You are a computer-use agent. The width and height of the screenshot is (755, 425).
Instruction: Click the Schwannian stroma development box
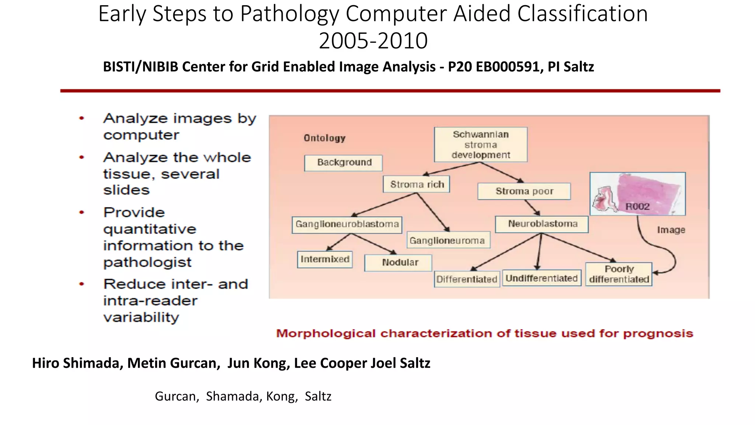click(480, 145)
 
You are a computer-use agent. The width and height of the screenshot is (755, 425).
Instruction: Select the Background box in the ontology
click(343, 163)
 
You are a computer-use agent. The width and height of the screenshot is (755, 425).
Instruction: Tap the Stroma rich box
click(417, 184)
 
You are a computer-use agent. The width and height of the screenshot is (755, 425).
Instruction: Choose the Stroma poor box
click(524, 191)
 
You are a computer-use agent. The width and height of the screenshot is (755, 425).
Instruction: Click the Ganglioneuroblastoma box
click(347, 225)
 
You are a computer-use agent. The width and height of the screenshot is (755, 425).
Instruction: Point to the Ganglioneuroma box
click(448, 241)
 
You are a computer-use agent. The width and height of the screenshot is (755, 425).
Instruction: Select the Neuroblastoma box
click(542, 224)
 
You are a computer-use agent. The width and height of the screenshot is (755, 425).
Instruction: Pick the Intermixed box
click(324, 259)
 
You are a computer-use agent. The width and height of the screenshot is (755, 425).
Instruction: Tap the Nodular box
click(398, 263)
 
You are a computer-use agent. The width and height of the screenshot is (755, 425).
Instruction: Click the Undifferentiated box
click(541, 279)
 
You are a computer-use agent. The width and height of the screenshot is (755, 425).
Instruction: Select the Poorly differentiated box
click(619, 274)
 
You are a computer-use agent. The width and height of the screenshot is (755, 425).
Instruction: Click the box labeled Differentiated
click(466, 279)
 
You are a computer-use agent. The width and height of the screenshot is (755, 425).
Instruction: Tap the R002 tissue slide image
click(637, 194)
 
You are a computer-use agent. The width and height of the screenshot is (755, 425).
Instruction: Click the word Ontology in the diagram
click(324, 138)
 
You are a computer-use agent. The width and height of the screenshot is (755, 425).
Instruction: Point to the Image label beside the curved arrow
click(671, 230)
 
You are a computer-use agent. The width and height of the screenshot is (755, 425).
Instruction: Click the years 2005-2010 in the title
click(373, 41)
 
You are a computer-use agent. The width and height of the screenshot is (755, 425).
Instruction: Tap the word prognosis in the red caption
click(658, 334)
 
